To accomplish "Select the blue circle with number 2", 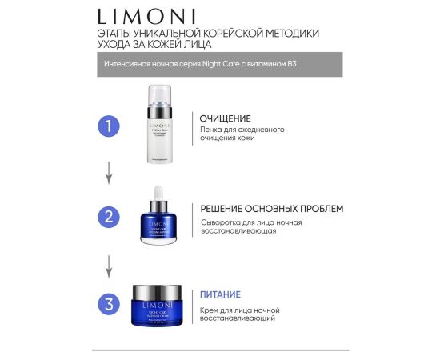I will [110, 217].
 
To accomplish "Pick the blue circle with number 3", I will [110, 304].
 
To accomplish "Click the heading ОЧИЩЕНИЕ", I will [225, 118].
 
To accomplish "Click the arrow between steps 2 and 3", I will [110, 262].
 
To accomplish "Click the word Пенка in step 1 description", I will [213, 130].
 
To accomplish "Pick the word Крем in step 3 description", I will [210, 307].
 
